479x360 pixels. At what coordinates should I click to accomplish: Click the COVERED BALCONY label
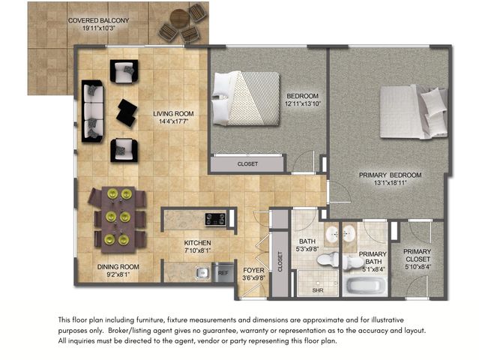click(97, 19)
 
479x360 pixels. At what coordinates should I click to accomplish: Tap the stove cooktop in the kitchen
click(216, 219)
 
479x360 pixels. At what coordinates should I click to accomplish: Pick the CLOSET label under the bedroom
click(247, 163)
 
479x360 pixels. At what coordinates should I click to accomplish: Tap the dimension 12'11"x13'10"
click(303, 104)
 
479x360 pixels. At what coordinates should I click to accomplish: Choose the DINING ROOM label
click(118, 266)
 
